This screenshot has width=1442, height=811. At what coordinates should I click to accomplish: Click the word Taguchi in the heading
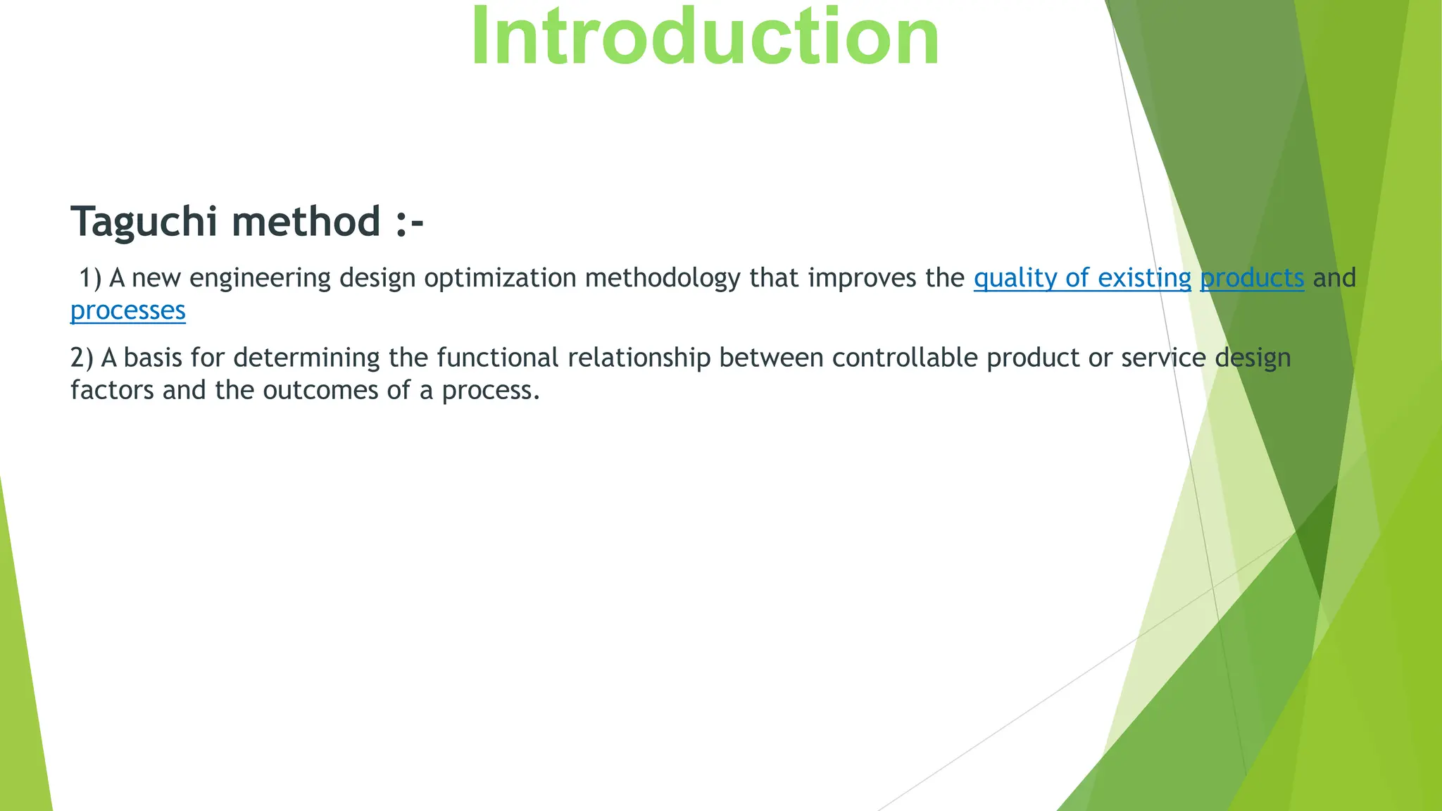point(144,221)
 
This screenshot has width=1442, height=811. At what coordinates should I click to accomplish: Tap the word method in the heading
point(306,221)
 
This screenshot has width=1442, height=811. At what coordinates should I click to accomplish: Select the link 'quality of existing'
point(1082,278)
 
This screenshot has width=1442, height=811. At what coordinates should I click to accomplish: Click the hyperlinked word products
point(1252,278)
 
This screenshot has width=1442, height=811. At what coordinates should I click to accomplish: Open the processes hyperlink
point(128,310)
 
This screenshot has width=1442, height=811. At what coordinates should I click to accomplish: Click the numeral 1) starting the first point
point(90,278)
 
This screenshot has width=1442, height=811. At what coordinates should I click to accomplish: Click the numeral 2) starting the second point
point(82,358)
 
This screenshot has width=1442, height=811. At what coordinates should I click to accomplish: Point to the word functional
point(497,358)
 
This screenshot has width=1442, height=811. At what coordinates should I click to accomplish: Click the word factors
point(112,390)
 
